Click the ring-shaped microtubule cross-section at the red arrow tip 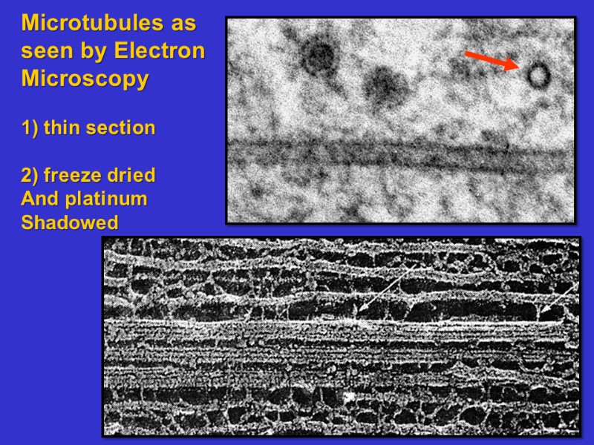click(538, 74)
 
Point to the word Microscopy click(85, 79)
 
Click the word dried click(133, 176)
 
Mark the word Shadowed click(70, 222)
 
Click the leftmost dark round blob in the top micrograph click(319, 55)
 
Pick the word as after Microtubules click(183, 23)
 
